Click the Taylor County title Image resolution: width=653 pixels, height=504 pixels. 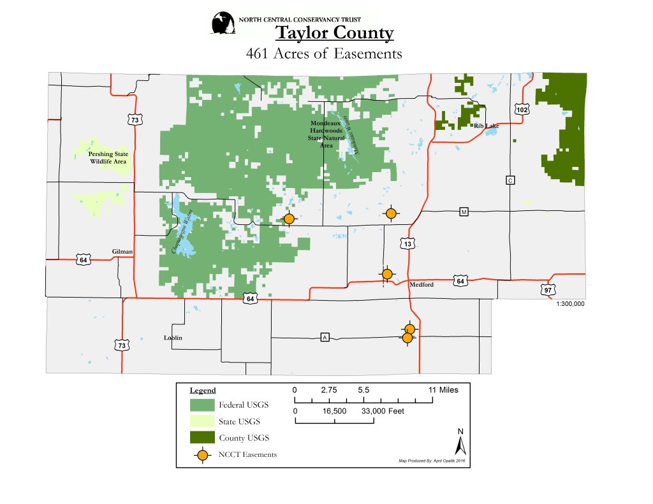click(x=334, y=33)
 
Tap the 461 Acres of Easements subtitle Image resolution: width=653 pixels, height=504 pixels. click(x=324, y=54)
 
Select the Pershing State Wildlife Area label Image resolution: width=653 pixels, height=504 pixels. click(x=107, y=157)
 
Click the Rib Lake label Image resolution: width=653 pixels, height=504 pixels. click(x=486, y=126)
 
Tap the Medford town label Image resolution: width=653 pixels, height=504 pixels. click(x=421, y=285)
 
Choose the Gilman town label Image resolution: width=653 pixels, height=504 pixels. click(x=122, y=252)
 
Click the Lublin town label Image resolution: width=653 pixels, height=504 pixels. click(x=173, y=338)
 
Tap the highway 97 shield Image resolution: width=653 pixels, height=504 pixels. click(x=548, y=290)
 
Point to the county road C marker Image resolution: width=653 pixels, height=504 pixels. click(x=510, y=180)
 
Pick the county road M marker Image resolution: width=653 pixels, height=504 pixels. click(x=464, y=212)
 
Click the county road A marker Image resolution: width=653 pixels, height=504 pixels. click(x=325, y=337)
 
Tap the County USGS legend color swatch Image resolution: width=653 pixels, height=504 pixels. click(x=202, y=438)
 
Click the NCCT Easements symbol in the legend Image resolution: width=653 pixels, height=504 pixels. click(x=202, y=455)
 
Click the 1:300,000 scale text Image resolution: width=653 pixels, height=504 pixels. click(x=570, y=304)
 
